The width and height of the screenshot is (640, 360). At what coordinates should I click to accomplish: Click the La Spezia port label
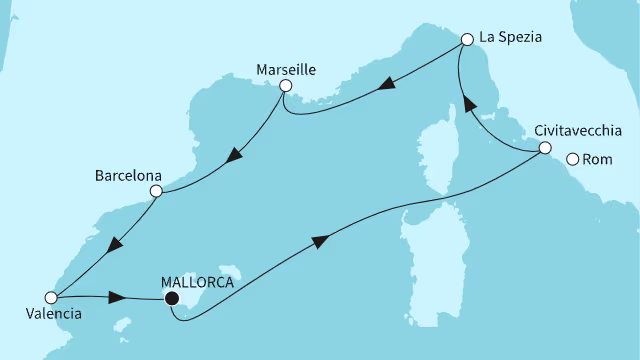coord(511,38)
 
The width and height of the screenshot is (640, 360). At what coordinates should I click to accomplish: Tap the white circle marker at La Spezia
coord(466,40)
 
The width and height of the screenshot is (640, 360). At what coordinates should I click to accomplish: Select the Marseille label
coord(284,70)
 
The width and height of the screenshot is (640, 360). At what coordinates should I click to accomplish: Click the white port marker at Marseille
coord(285,87)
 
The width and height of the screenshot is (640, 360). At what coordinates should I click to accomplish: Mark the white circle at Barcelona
coord(155,191)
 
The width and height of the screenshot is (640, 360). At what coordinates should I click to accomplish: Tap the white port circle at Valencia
coord(50,296)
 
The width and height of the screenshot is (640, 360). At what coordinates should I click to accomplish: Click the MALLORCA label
coord(197,281)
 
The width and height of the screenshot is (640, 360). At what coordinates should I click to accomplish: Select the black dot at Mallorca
coord(172,297)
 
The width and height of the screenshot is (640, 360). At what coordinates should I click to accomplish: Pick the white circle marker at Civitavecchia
coord(544,148)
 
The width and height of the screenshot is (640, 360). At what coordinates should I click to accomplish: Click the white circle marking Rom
coord(573,158)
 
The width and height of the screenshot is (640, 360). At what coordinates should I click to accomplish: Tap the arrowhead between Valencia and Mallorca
coord(117,298)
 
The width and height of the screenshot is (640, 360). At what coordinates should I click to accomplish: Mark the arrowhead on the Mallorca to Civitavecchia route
coord(320,241)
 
